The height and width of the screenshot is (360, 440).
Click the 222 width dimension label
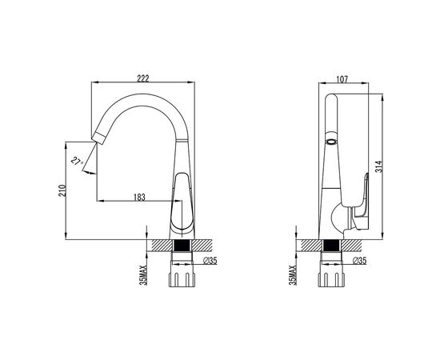click(143, 78)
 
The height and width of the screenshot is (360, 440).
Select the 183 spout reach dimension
click(139, 198)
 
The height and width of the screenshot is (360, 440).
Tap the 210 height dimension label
click(62, 190)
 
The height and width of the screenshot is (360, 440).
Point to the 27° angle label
click(77, 162)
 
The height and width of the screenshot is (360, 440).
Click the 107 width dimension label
click(342, 79)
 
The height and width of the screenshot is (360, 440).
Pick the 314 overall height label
click(379, 166)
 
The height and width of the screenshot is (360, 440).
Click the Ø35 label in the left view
click(210, 261)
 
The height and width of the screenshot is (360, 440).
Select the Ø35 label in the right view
click(359, 261)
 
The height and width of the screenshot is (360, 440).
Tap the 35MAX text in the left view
click(143, 275)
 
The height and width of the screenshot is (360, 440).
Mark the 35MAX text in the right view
click(293, 275)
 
